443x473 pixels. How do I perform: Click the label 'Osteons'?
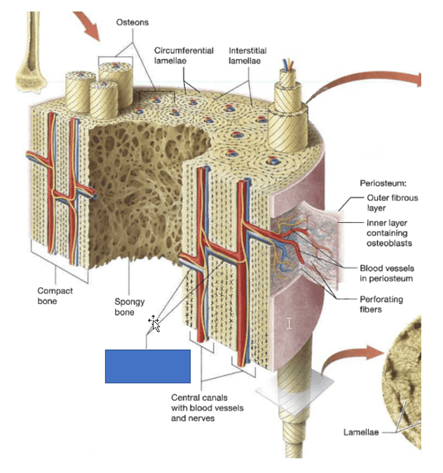[132, 22]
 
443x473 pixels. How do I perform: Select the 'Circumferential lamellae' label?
[179, 56]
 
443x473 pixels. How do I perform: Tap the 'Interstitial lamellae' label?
[244, 56]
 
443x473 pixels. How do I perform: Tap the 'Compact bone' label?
[55, 296]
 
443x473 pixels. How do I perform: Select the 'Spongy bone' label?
[130, 307]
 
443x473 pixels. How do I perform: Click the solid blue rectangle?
[148, 366]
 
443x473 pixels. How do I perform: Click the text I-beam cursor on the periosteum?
[289, 323]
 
